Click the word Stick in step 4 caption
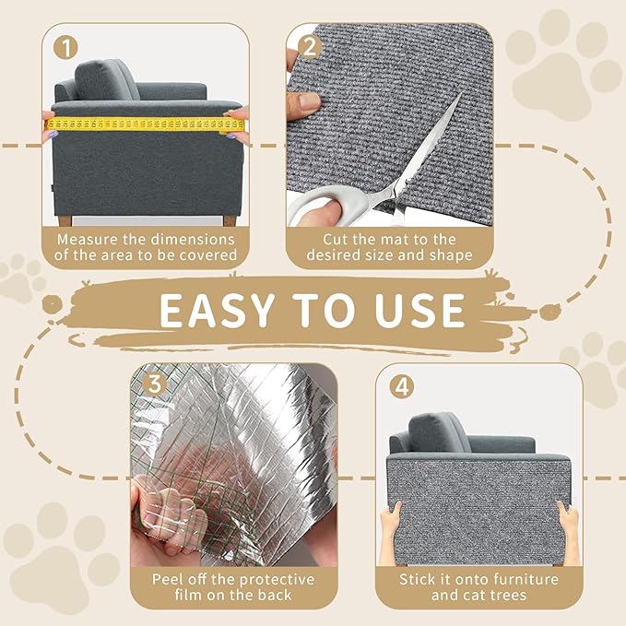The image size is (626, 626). (x=419, y=580)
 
